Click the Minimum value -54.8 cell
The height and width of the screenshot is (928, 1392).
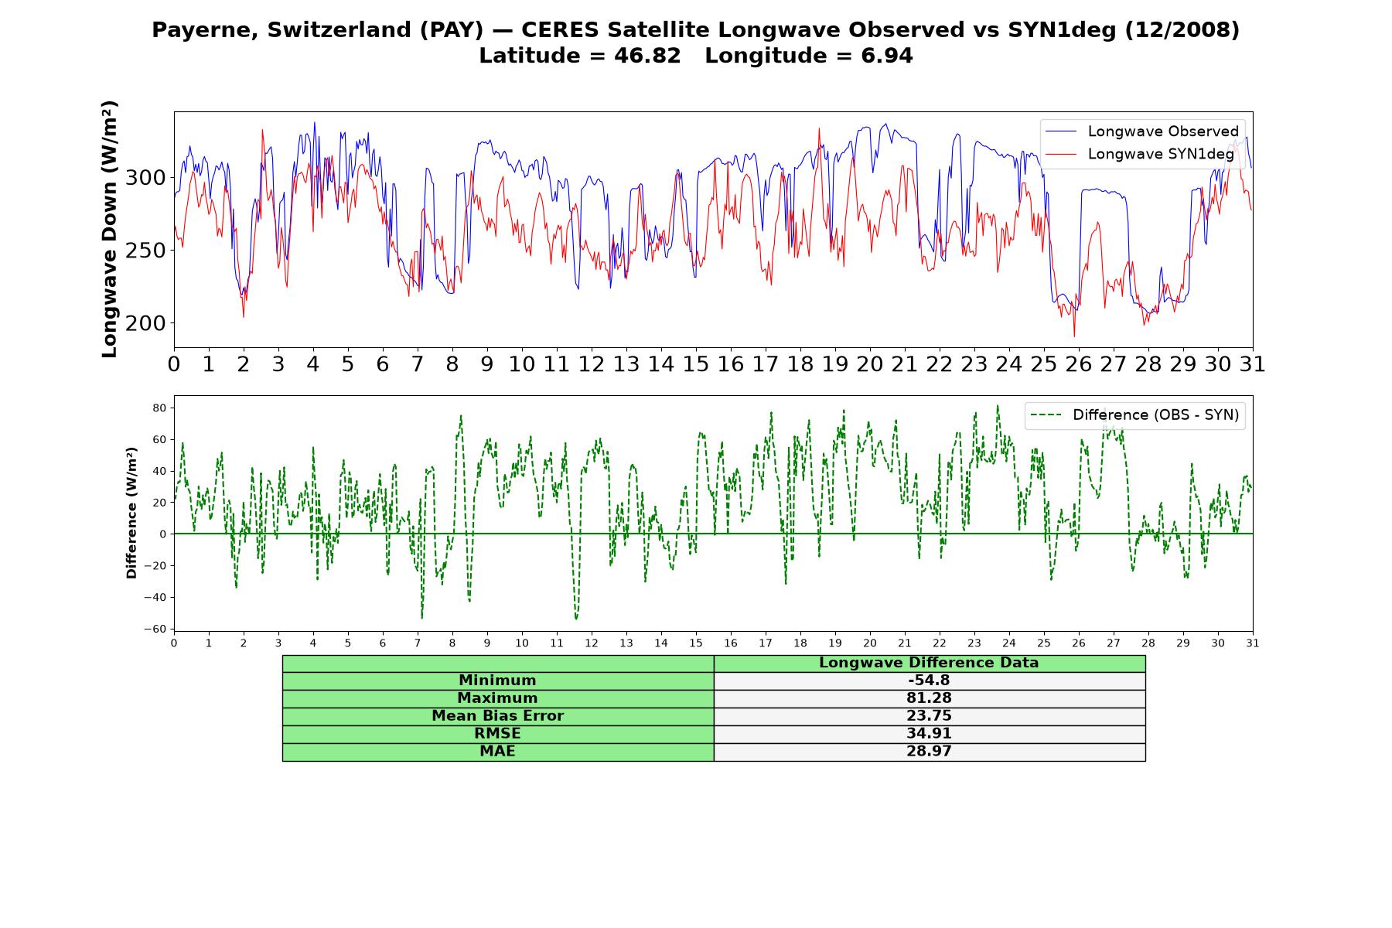(x=929, y=681)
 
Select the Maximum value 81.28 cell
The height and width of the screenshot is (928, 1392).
(x=929, y=698)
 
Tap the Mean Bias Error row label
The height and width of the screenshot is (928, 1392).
(x=497, y=716)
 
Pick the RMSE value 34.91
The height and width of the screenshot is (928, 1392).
(x=929, y=734)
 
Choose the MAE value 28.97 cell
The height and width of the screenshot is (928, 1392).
(x=929, y=752)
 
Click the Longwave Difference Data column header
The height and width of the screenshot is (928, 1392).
(x=929, y=663)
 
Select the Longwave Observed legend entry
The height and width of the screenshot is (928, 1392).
(x=1142, y=131)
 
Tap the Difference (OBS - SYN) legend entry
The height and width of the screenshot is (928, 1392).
(x=1134, y=415)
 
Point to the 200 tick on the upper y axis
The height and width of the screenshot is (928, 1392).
(x=145, y=323)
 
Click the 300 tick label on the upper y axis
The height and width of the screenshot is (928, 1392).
(x=145, y=178)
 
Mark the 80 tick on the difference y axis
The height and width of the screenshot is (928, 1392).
(x=160, y=408)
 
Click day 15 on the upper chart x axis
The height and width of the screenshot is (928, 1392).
(x=696, y=364)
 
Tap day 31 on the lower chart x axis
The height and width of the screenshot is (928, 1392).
(x=1253, y=643)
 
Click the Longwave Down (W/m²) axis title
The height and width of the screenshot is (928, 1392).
(x=110, y=229)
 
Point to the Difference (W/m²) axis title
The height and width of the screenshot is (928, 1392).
(x=131, y=513)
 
